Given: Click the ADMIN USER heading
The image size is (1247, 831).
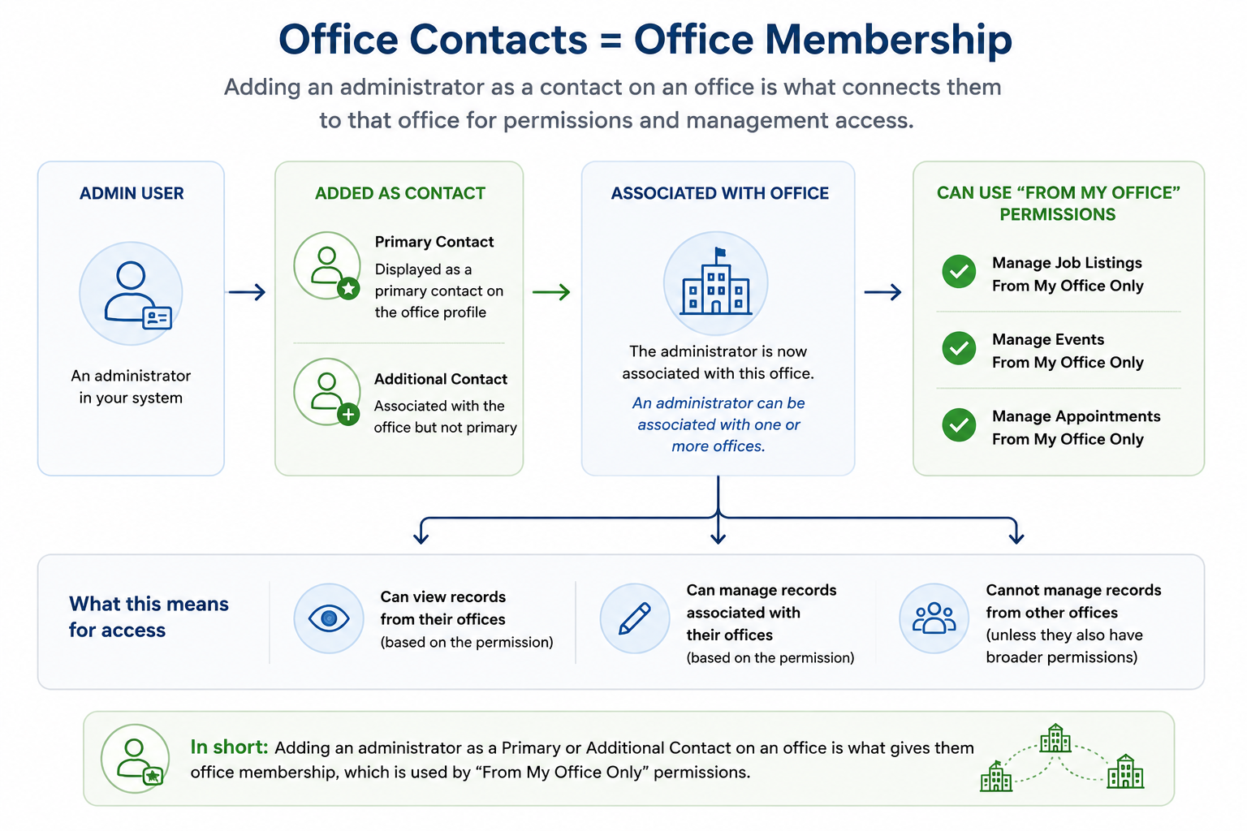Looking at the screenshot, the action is click(132, 193).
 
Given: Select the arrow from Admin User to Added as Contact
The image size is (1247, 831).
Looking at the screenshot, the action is click(247, 291).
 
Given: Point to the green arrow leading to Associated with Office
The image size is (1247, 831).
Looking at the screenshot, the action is click(551, 291).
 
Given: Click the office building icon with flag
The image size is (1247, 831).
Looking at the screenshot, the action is click(716, 283).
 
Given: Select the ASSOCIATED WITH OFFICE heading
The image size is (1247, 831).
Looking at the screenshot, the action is click(720, 193).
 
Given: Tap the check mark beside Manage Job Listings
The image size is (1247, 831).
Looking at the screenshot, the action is click(959, 272).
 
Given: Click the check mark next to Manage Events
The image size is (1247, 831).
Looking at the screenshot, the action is click(959, 348).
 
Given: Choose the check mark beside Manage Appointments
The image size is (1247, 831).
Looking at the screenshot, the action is click(959, 425).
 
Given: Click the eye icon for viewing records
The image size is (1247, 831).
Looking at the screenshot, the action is click(329, 618).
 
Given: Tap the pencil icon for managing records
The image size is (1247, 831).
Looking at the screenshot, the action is click(635, 618).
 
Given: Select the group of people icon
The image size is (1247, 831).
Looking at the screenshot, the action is click(934, 618).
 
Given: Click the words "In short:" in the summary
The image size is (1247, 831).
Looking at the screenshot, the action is click(230, 747).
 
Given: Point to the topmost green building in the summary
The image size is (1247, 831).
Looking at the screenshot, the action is click(1055, 738).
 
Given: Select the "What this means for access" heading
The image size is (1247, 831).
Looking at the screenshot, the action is click(149, 617).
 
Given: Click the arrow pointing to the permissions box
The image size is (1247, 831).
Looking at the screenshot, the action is click(883, 291).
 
